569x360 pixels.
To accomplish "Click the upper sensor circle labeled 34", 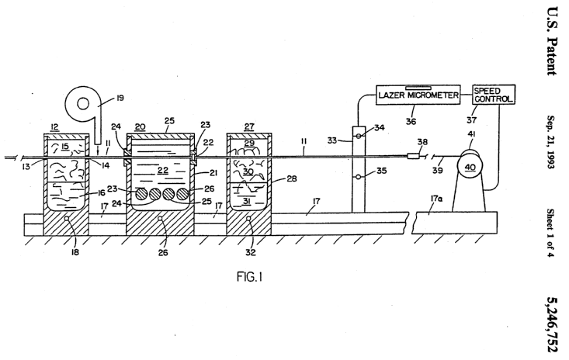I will (x=358, y=137).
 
